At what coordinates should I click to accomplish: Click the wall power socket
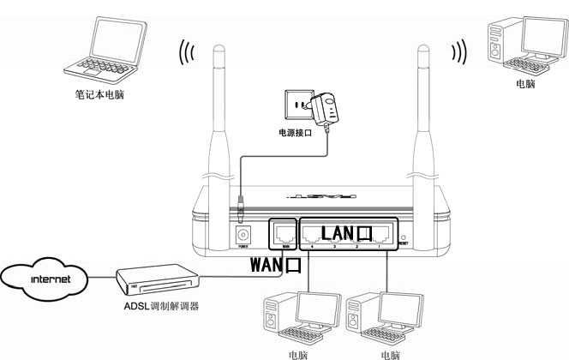click(296, 107)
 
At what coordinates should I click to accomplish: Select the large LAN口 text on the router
click(347, 232)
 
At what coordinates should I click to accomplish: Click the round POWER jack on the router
click(244, 234)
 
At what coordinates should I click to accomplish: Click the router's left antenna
click(222, 103)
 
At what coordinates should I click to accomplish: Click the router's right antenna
click(423, 103)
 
